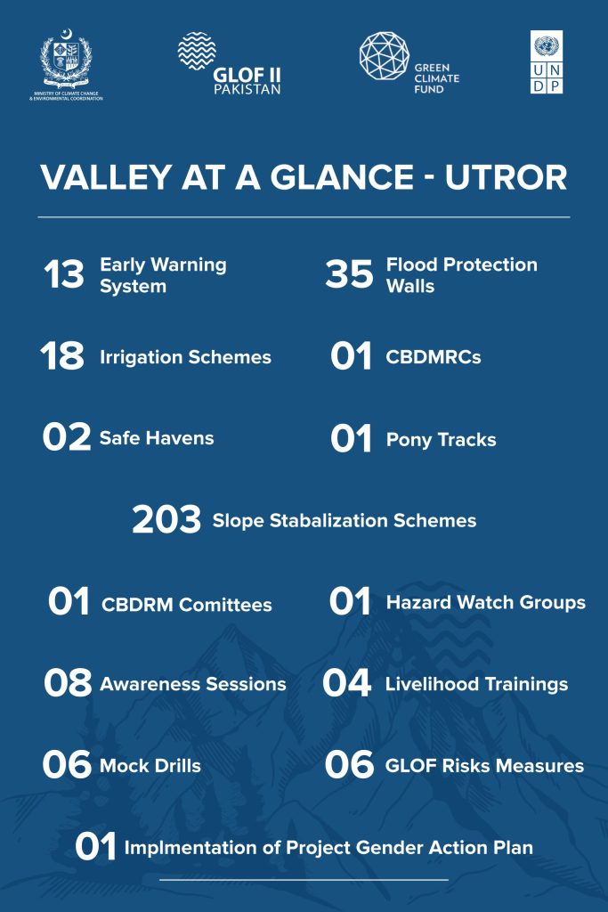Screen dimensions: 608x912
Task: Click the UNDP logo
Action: tap(547, 62)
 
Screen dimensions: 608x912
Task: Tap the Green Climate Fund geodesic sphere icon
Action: tap(385, 56)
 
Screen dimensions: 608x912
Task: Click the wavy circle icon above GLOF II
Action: tap(197, 51)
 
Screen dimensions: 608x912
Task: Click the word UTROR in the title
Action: tap(507, 177)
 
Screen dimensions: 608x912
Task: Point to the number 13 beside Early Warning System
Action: tap(64, 274)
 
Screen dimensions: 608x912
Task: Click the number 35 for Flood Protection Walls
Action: tap(349, 274)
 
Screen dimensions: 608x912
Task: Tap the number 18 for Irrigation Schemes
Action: tap(62, 356)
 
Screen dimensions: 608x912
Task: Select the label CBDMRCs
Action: tap(433, 357)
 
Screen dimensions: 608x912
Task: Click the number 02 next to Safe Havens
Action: tap(66, 437)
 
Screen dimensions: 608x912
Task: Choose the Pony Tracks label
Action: tap(442, 440)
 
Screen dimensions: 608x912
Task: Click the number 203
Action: tap(166, 519)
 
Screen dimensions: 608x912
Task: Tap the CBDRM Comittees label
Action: tap(187, 605)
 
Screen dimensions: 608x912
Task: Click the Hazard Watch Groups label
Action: tap(486, 603)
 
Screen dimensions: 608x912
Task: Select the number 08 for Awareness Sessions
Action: tap(68, 683)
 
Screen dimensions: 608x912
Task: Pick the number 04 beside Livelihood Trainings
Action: tap(346, 683)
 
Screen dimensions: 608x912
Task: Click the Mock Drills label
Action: tap(150, 765)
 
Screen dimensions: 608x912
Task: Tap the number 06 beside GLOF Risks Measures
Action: tap(349, 764)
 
